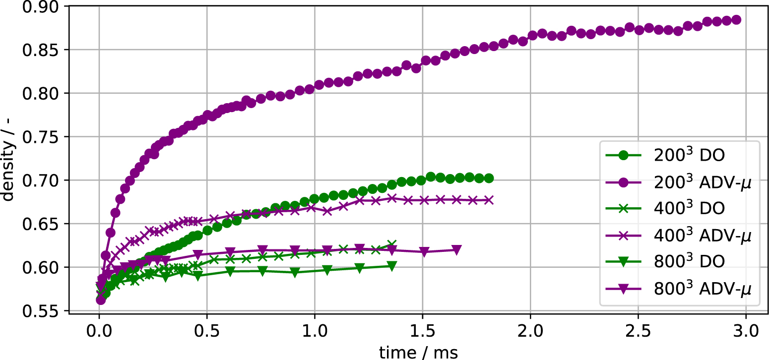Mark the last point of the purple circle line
[x=736, y=20]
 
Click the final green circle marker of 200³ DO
[x=489, y=179]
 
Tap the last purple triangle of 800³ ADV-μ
[x=456, y=249]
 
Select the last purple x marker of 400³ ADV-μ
[x=489, y=200]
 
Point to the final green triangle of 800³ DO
[x=391, y=266]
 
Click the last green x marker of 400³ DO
[x=391, y=244]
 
